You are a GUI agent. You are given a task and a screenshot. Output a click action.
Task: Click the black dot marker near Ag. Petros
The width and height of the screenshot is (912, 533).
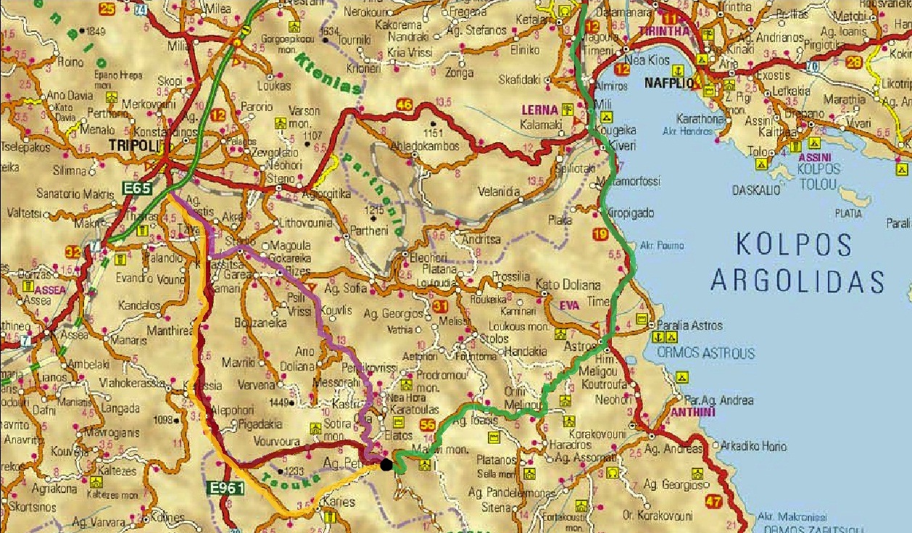point(387,464)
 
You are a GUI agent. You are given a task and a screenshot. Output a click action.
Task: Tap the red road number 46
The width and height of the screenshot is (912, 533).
point(403,106)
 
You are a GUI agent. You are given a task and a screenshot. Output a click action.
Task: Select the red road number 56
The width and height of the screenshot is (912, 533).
point(428,425)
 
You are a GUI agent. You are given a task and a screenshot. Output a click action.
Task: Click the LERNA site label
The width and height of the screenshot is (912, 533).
point(539,110)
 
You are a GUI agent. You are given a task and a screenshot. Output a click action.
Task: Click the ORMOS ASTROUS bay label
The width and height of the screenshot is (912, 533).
point(705,354)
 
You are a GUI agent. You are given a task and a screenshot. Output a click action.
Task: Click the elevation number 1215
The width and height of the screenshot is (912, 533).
point(374,210)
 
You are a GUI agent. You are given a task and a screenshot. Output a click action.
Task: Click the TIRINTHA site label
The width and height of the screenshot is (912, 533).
point(663,31)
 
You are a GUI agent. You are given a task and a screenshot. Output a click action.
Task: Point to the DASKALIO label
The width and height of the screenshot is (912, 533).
point(756,190)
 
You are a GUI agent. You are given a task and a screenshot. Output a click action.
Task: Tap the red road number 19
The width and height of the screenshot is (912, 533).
point(600,234)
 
